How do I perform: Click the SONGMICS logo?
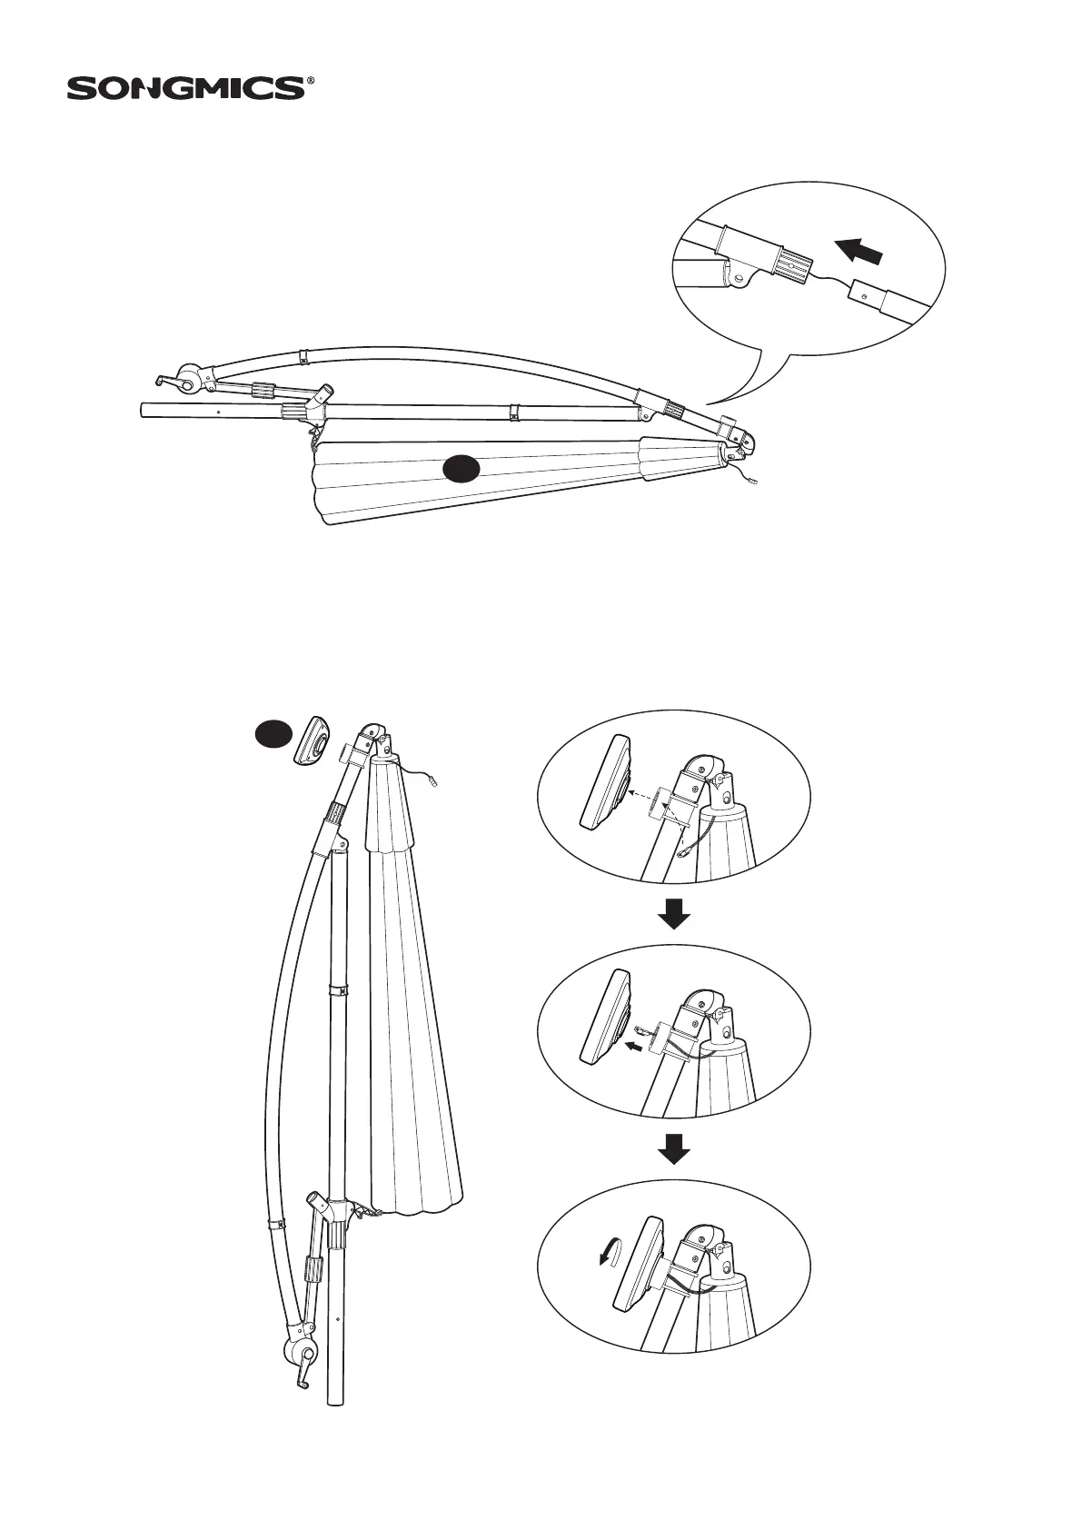186,88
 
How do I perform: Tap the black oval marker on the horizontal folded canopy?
462,469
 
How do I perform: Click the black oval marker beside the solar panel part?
272,732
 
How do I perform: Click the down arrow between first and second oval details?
673,914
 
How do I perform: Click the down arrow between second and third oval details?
673,1149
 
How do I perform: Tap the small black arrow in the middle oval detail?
636,1047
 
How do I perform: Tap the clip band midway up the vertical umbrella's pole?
336,989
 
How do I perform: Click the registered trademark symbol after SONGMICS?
312,81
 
